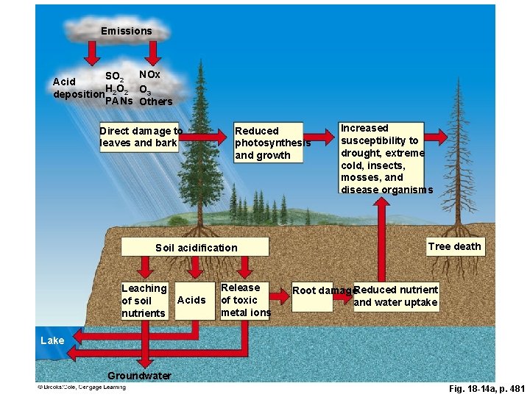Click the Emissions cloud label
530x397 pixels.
pos(126,31)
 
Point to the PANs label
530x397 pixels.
pos(119,101)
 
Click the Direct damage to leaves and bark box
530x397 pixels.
pos(141,137)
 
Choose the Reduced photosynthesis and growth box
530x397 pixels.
pos(268,143)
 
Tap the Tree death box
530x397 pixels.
pos(455,246)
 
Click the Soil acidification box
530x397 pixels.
pos(197,248)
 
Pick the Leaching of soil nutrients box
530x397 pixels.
pos(144,301)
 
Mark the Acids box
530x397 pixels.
pos(192,300)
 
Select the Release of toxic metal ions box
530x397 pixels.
pos(244,300)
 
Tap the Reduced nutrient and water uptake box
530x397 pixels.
pos(396,296)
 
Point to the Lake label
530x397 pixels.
pos(52,340)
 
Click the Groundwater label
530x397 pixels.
pos(139,376)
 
